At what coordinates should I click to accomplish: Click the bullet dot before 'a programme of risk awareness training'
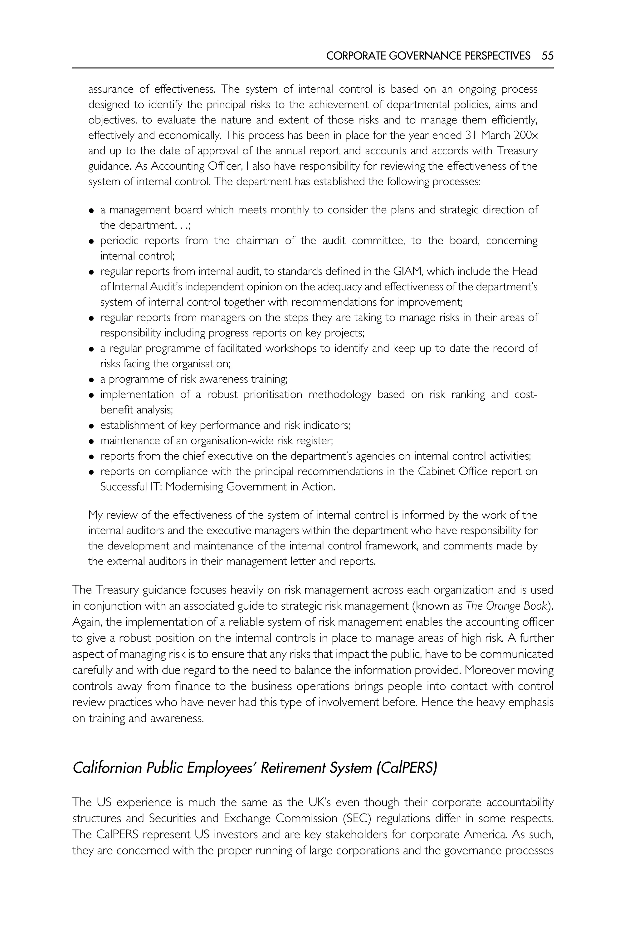tap(92, 380)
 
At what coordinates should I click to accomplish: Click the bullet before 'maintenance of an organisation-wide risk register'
tap(92, 441)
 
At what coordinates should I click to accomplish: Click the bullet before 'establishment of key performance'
tap(92, 426)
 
